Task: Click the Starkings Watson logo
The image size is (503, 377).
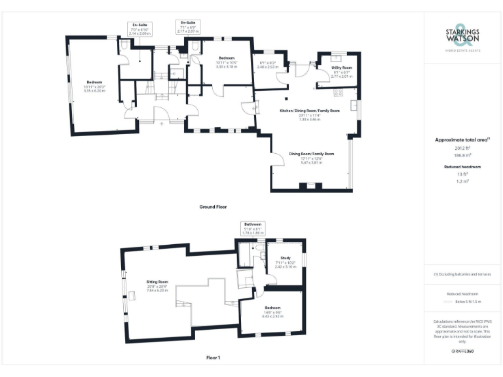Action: [462, 36]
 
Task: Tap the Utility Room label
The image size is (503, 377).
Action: [342, 67]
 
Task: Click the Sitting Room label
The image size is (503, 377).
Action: [157, 281]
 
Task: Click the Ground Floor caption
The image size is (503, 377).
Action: [213, 206]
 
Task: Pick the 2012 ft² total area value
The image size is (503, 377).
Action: [463, 148]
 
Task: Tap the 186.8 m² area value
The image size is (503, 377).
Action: [463, 156]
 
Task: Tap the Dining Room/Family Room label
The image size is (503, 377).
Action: [312, 154]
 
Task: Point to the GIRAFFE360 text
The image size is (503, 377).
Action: [462, 352]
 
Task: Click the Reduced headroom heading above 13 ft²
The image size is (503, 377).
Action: [463, 167]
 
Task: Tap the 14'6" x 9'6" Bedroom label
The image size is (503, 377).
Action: [272, 308]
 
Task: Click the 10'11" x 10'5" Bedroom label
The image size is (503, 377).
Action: [227, 58]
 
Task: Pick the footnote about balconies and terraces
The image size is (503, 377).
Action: [462, 274]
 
